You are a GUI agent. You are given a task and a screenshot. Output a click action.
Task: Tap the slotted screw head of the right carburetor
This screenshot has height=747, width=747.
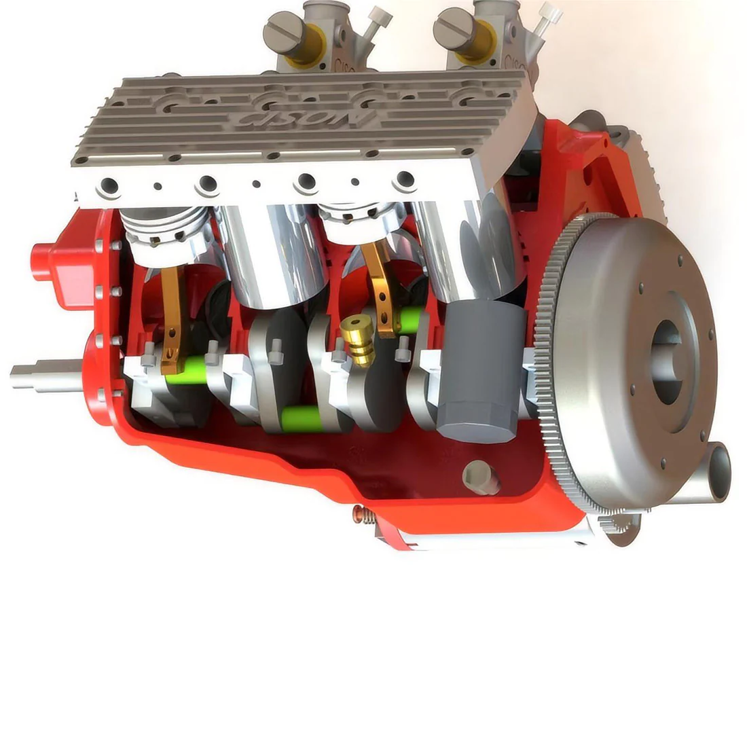pos(452,28)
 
